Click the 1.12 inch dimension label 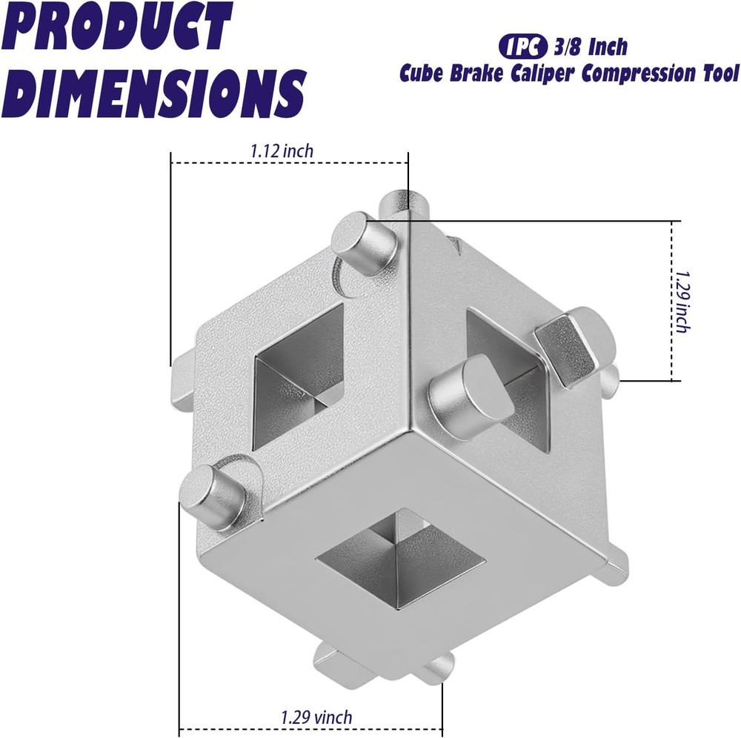click(282, 151)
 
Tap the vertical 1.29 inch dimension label click(683, 300)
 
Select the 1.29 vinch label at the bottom click(316, 717)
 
